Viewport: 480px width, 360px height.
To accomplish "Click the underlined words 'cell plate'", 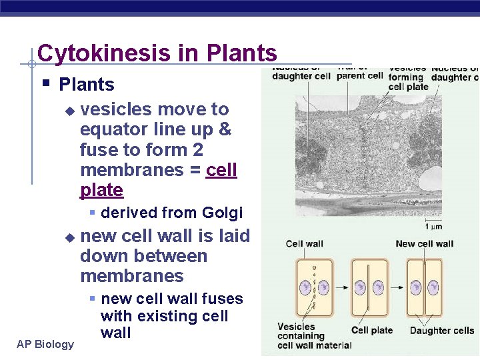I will pyautogui.click(x=158, y=180).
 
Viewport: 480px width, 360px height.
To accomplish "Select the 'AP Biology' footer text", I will pyautogui.click(x=46, y=344).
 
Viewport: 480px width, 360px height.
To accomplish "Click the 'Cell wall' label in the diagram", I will pyautogui.click(x=304, y=243).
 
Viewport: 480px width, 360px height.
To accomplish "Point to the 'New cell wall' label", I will pyautogui.click(x=424, y=243).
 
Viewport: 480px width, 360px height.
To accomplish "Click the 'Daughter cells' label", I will pyautogui.click(x=441, y=330).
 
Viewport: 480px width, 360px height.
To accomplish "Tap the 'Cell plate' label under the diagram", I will pyautogui.click(x=372, y=330).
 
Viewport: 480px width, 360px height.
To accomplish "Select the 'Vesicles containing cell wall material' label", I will pyautogui.click(x=314, y=335).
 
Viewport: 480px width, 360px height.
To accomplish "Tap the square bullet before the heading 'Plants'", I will pyautogui.click(x=46, y=84).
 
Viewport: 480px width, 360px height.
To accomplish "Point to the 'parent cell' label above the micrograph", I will pyautogui.click(x=359, y=75).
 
